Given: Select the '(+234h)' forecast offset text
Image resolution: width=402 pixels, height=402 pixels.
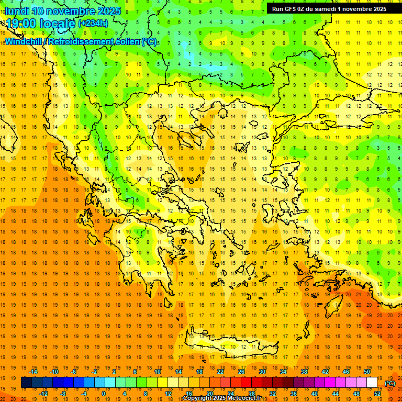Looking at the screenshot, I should click(x=93, y=24).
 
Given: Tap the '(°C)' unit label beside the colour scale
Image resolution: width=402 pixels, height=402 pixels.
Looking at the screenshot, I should click(x=390, y=384).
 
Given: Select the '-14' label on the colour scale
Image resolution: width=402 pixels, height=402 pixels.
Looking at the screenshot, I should click(x=35, y=372).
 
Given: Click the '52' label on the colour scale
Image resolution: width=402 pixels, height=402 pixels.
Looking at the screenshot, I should click(x=377, y=393).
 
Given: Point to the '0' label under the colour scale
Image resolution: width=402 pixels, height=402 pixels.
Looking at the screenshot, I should click(x=103, y=393).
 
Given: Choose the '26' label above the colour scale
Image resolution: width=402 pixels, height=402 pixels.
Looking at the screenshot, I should click(x=241, y=372).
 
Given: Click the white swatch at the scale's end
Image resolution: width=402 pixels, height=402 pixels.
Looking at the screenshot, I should click(x=372, y=383).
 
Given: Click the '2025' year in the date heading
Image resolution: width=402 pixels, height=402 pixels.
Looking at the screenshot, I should click(x=108, y=11).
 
